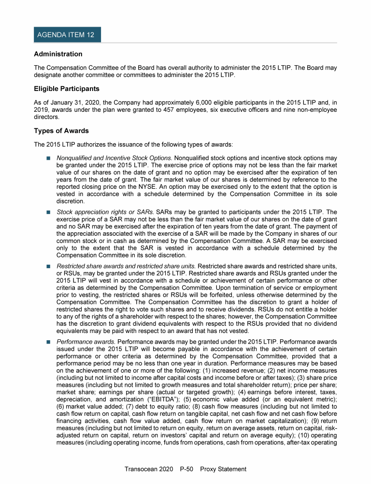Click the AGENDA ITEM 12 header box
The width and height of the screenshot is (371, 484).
click(x=67, y=35)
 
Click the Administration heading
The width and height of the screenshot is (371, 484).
click(x=58, y=54)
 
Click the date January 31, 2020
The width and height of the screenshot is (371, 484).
click(x=71, y=103)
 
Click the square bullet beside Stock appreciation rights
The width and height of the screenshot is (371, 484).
click(x=48, y=212)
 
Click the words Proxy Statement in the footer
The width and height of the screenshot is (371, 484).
click(x=223, y=469)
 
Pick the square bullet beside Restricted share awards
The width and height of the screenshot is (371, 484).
click(x=48, y=266)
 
